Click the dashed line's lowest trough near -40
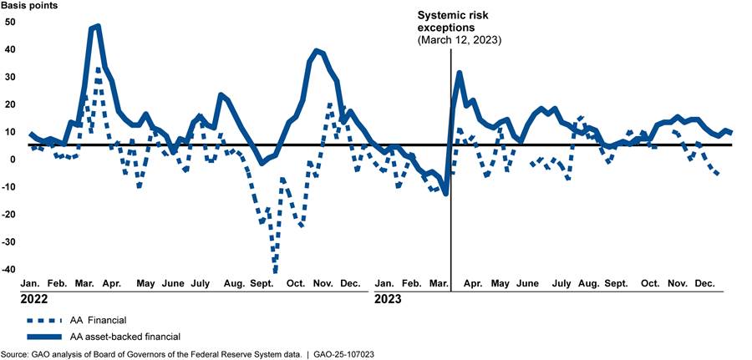[275, 269]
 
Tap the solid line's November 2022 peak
[316, 51]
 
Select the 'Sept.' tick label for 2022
[262, 284]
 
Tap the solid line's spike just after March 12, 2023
[460, 74]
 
